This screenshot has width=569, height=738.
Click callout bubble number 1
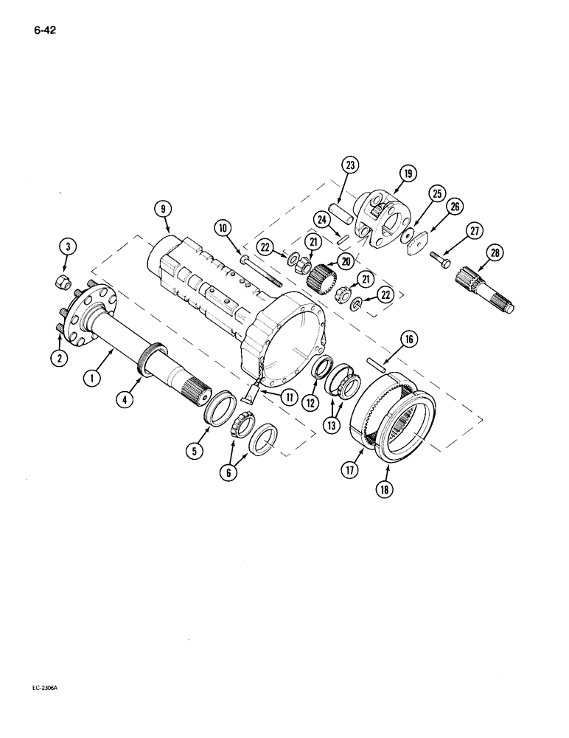[91, 379]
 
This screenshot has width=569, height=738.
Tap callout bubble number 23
[349, 166]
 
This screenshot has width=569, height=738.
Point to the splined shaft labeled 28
[487, 293]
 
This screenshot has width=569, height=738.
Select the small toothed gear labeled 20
[321, 280]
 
